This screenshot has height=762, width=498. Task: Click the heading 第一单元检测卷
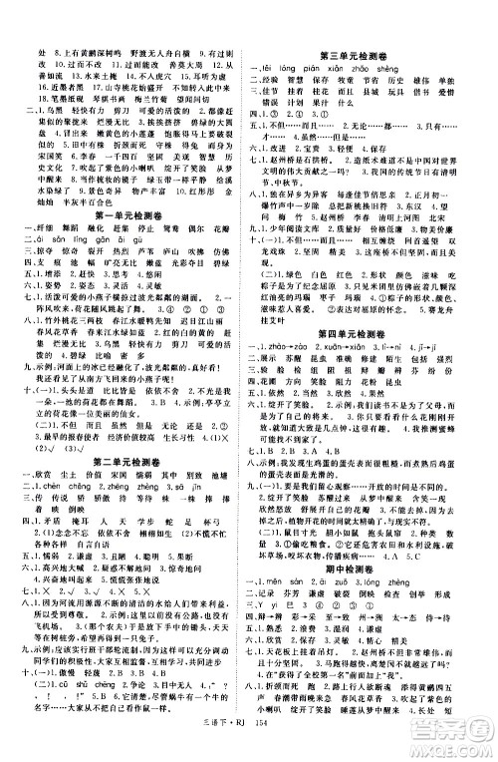click(x=128, y=214)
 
